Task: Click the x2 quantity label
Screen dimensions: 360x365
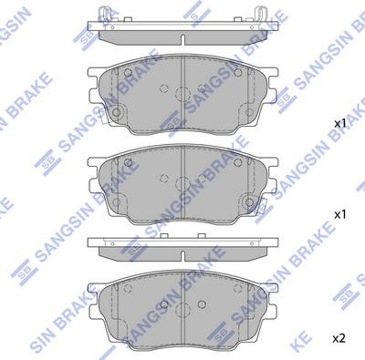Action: (339, 338)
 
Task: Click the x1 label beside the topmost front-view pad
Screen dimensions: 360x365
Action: (339, 122)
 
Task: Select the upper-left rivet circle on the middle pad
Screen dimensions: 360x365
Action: (164, 180)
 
